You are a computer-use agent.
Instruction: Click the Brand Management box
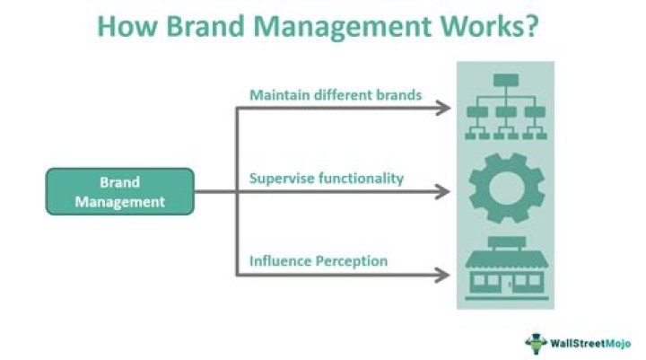[120, 191]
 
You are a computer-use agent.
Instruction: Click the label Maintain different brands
[335, 94]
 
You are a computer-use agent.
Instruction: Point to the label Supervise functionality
[326, 178]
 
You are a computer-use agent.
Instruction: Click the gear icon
[506, 190]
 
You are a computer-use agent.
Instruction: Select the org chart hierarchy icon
[506, 107]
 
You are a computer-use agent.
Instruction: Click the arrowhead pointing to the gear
[442, 191]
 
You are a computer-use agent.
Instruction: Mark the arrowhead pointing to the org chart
[442, 109]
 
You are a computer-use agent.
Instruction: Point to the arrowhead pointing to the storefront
[442, 275]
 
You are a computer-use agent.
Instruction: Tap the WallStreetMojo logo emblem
[537, 341]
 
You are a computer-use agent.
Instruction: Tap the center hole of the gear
[506, 190]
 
